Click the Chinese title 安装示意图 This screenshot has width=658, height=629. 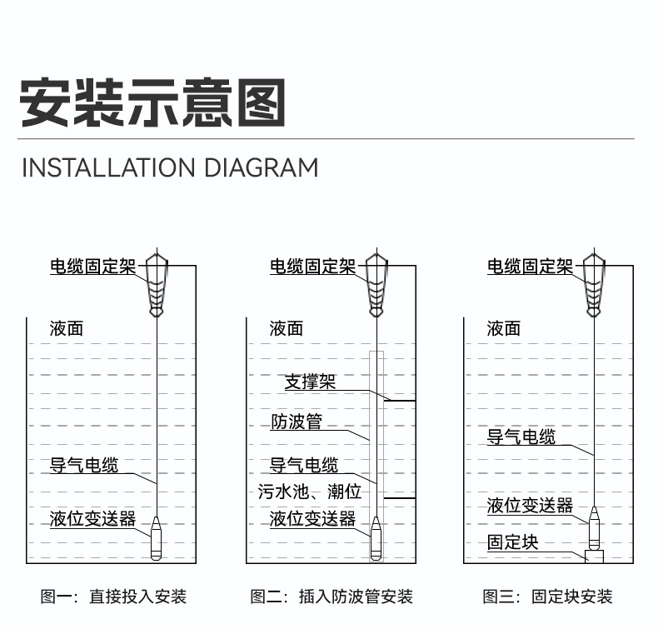(152, 102)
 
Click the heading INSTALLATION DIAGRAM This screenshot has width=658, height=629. (169, 167)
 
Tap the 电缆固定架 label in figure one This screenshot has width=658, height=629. (92, 267)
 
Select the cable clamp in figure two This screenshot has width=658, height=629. (377, 283)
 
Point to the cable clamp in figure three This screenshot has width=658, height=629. (595, 283)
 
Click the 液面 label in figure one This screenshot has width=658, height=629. (67, 329)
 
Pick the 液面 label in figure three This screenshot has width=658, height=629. (503, 329)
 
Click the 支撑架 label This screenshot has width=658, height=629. (310, 382)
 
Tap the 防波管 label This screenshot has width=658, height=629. (296, 422)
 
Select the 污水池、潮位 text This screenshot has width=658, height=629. (309, 491)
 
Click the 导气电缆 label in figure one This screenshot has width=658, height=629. (84, 465)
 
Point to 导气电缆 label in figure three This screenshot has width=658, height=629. (521, 436)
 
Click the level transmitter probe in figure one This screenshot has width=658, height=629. (157, 538)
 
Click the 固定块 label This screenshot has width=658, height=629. (512, 542)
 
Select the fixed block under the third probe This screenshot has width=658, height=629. (595, 556)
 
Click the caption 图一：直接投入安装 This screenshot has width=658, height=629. (113, 597)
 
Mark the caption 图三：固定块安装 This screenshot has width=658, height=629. (547, 597)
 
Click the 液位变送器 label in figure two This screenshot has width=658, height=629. (312, 519)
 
